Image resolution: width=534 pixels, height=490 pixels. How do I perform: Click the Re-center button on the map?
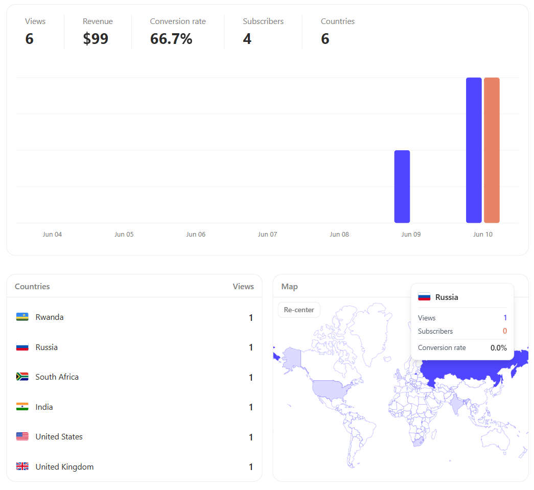(298, 310)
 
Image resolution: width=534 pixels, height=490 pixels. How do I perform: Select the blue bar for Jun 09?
(402, 186)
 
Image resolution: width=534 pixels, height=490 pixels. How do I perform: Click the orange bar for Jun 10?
(492, 150)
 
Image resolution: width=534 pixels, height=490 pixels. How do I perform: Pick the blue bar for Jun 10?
(474, 150)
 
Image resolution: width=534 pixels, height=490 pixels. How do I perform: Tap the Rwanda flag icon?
(22, 317)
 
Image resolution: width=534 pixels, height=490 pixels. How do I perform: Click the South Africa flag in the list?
(22, 377)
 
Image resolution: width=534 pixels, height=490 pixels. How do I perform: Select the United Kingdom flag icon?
(22, 466)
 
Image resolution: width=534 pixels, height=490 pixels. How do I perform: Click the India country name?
(44, 407)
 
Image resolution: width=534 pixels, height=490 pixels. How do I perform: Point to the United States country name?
(59, 436)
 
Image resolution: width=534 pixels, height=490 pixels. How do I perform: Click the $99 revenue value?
(96, 38)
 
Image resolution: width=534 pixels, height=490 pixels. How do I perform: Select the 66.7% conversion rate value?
(171, 38)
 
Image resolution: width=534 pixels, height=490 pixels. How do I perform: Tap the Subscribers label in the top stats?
(263, 21)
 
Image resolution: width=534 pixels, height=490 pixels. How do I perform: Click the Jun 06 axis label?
(196, 235)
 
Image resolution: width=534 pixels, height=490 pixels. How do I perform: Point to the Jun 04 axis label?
(52, 235)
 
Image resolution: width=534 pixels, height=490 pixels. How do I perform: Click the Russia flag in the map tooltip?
(424, 297)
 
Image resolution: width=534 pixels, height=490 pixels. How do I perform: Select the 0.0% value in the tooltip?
(498, 347)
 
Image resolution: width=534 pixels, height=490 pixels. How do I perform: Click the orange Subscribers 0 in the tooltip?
(504, 331)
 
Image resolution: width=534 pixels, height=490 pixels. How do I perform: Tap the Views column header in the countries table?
(243, 286)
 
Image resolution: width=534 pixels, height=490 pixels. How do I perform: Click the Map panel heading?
(289, 287)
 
